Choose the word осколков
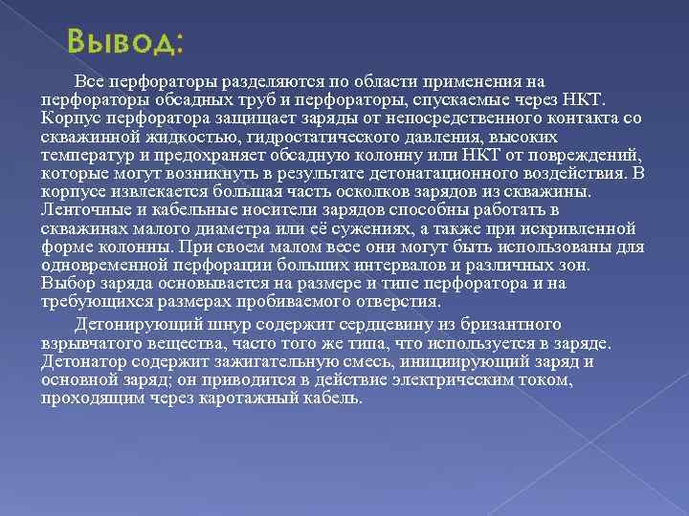point(381,191)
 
